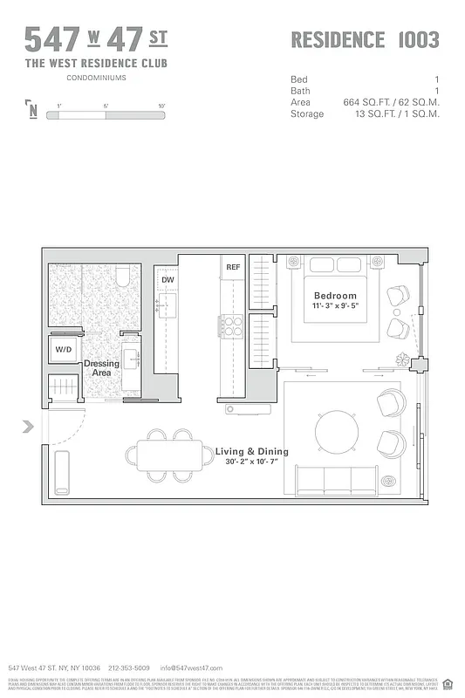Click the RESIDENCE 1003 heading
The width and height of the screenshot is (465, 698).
(365, 39)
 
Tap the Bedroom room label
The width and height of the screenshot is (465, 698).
(336, 296)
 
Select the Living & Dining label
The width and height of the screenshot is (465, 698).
(251, 452)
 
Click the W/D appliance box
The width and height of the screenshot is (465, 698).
(65, 350)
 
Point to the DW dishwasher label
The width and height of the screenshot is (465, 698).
(168, 280)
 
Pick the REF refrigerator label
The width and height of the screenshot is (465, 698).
(233, 267)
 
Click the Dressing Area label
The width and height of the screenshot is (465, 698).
(101, 368)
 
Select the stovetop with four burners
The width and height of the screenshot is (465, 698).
(232, 325)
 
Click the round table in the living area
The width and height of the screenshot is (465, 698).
(337, 430)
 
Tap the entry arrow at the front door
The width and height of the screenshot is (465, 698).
(28, 427)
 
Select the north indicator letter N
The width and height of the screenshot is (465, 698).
(32, 110)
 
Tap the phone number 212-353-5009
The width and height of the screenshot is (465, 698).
(128, 667)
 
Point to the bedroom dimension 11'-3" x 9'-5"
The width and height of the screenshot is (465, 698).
(336, 306)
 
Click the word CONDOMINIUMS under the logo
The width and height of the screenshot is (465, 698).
(96, 78)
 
